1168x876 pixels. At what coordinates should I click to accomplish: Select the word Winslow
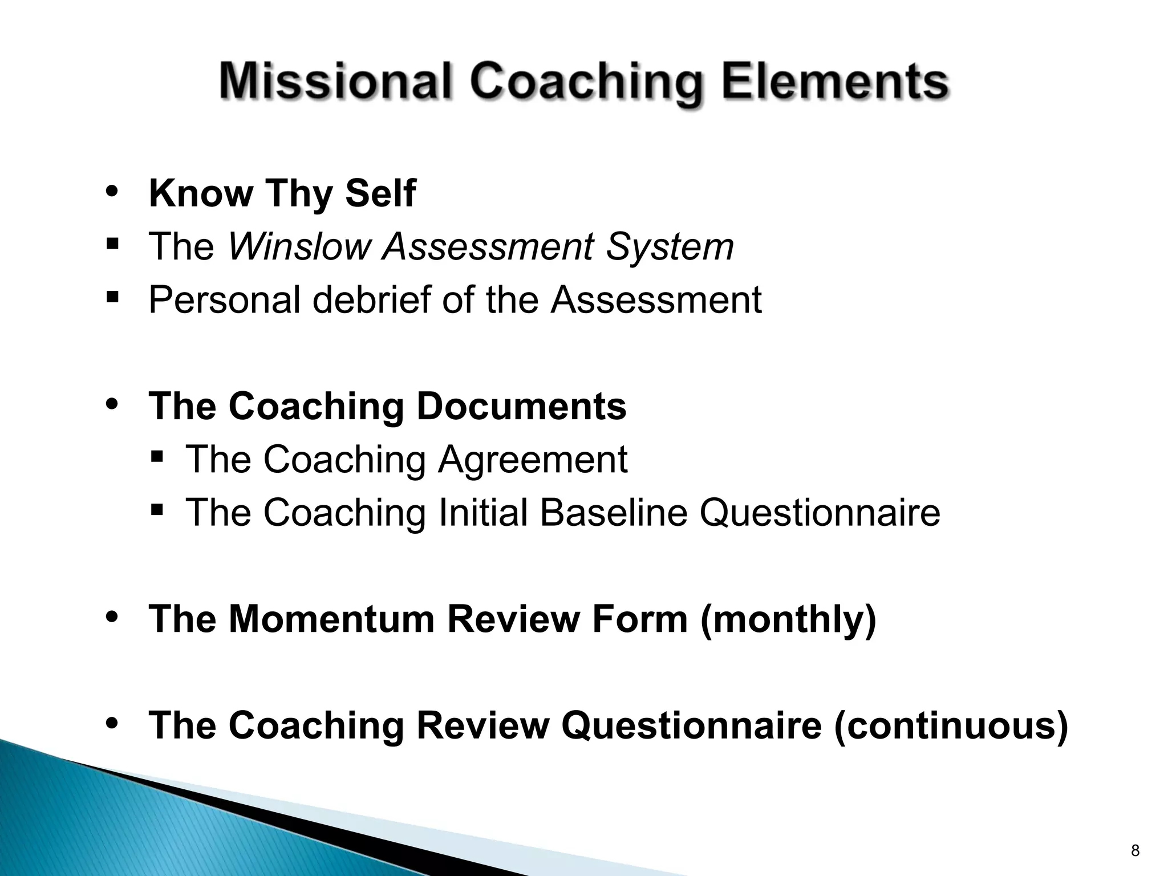299,246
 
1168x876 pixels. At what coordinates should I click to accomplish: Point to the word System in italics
670,246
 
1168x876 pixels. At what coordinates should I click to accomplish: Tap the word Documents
521,406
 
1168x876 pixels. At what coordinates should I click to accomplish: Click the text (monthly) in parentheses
788,619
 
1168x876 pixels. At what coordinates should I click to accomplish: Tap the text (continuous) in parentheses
950,725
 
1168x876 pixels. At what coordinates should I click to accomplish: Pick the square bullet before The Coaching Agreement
157,456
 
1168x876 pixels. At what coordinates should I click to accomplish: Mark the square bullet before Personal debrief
112,297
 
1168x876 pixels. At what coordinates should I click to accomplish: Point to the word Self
380,193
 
